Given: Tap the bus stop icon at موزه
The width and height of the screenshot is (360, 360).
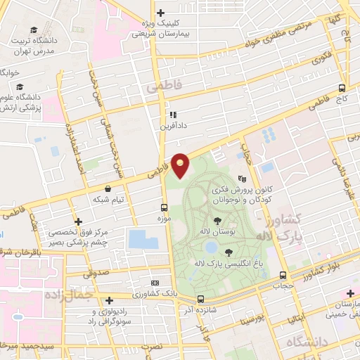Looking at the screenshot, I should [x=164, y=207].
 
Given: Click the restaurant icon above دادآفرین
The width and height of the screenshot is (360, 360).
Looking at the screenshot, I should [x=171, y=115].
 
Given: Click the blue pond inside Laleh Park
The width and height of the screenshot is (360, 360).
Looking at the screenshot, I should [x=210, y=247].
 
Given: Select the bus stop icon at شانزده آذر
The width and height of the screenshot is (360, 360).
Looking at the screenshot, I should [x=201, y=299].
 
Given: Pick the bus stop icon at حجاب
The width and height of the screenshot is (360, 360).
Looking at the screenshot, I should [x=283, y=276].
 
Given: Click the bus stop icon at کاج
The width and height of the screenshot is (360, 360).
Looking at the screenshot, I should [x=342, y=89].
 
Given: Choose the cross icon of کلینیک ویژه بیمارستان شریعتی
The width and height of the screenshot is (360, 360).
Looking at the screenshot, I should [x=161, y=13].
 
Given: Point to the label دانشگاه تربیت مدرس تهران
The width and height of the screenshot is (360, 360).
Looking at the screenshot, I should [x=35, y=46].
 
